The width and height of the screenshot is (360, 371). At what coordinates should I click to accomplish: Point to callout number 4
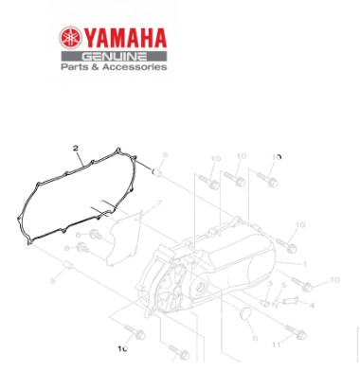coord(312,305)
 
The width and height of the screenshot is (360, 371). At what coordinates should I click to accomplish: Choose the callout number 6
coord(256,335)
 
